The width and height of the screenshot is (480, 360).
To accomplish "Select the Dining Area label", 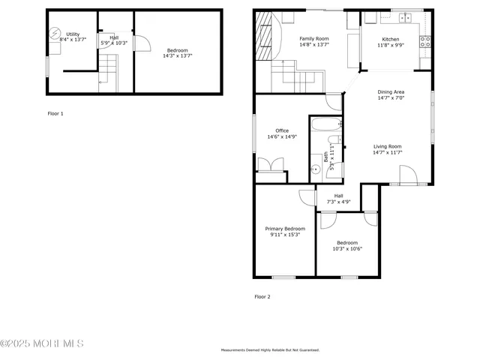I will pos(390,91).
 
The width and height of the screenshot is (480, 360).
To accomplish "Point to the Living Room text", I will pos(388,146).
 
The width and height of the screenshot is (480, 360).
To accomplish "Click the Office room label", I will pos(281,130).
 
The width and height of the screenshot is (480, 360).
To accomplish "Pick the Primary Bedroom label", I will pos(285,229).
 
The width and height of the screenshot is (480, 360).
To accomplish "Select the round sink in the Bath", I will pos(316,169).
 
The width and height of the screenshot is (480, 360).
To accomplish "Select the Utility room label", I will pos(73,34).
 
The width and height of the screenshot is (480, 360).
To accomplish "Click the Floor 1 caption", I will pos(55,113).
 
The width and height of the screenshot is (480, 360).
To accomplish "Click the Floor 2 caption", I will pos(262,296).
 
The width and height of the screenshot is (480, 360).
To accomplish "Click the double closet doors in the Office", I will pos(270,165).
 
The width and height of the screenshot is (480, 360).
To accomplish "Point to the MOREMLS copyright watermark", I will pos(42,343).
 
